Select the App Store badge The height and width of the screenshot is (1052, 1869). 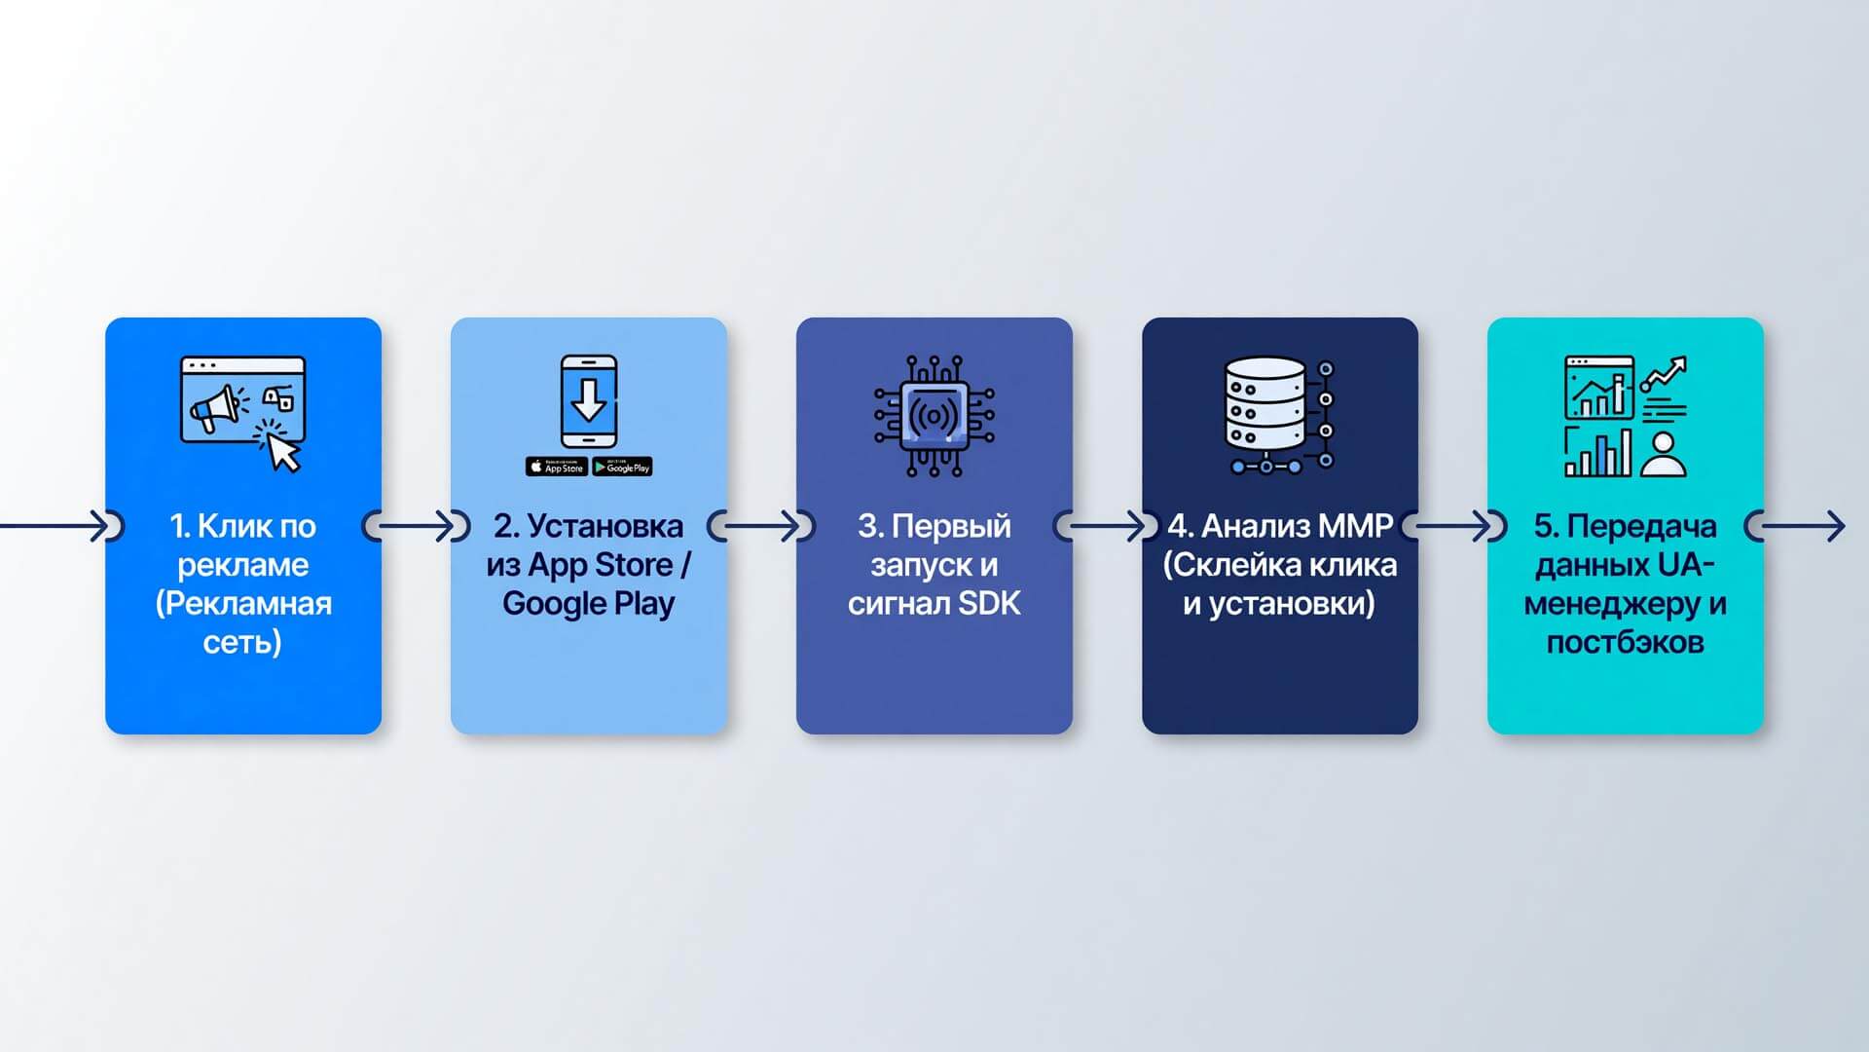tap(556, 467)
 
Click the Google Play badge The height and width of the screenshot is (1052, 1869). tap(622, 467)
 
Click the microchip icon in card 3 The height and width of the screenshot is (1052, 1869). tap(934, 416)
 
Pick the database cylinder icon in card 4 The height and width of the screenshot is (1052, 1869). tap(1264, 403)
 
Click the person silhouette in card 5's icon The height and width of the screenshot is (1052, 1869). tap(1664, 454)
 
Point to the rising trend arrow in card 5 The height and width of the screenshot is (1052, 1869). tap(1664, 374)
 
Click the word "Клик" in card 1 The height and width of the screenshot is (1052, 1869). tap(233, 526)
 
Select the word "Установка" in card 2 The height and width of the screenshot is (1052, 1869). tap(605, 526)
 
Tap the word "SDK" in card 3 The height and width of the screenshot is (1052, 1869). tap(989, 604)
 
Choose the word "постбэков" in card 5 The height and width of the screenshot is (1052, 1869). tap(1626, 643)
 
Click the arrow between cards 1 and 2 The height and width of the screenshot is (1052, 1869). tap(416, 526)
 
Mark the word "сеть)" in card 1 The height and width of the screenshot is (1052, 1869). tap(242, 643)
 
